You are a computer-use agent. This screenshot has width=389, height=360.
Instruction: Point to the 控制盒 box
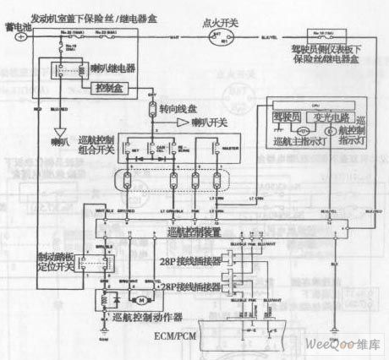pos(114,86)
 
